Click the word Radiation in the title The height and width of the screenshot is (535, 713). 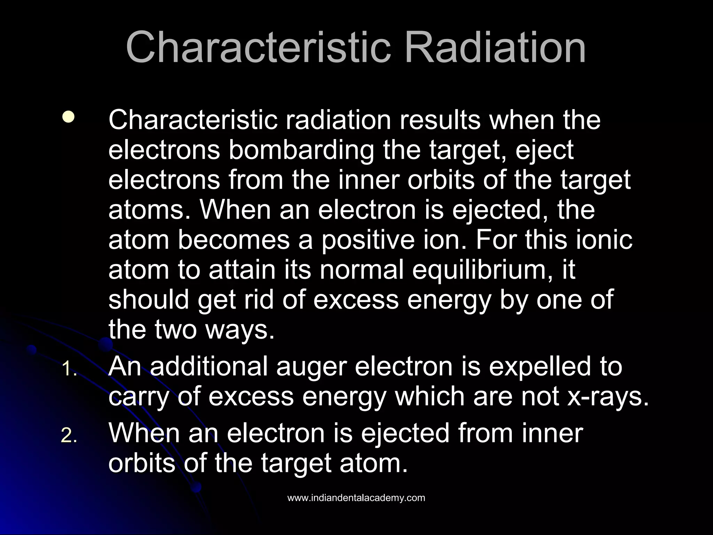[x=495, y=48]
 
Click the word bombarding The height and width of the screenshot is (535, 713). [x=301, y=150]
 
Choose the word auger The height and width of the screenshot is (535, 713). [x=311, y=367]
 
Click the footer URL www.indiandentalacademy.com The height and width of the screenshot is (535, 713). [x=356, y=498]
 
